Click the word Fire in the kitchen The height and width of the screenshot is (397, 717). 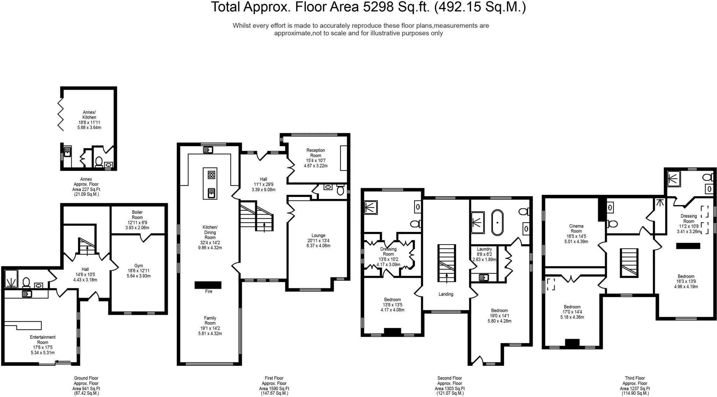[x=209, y=291]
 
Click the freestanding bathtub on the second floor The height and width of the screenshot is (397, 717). [x=497, y=223]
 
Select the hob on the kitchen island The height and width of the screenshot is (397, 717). [x=211, y=175]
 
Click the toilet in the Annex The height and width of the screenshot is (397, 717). [x=99, y=163]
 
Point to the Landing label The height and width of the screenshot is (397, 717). [x=446, y=294]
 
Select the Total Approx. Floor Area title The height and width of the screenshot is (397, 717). [x=368, y=7]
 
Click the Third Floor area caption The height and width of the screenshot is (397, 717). [x=635, y=385]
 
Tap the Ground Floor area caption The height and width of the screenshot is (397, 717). [x=86, y=385]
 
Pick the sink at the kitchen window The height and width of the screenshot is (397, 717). [x=208, y=150]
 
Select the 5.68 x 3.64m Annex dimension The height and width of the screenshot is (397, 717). [x=89, y=128]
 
